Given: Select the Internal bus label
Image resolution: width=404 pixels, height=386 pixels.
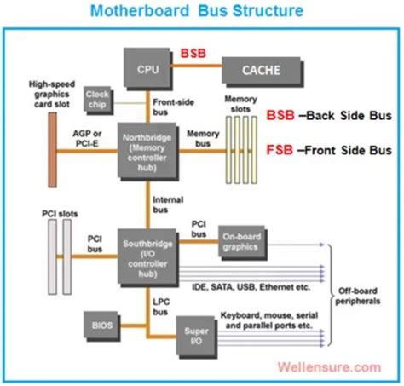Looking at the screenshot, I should pos(167,205).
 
